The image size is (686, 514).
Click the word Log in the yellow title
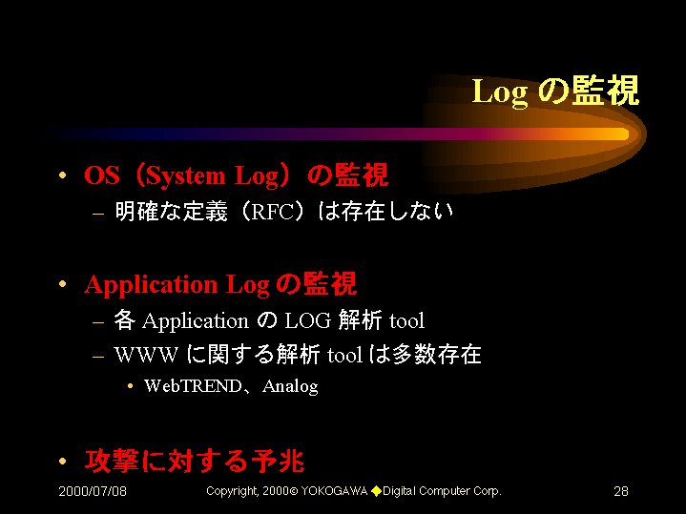[500, 93]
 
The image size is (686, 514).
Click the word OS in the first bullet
[101, 175]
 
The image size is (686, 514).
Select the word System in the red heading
[185, 176]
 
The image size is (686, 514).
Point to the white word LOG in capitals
[307, 320]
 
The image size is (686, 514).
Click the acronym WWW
[146, 355]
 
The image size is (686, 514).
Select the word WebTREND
[193, 386]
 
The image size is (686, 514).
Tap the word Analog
[290, 387]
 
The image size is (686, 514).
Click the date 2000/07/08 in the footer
[93, 491]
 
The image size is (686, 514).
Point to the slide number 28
[621, 491]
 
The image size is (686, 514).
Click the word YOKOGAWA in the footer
[334, 491]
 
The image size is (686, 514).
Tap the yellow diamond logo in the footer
[376, 491]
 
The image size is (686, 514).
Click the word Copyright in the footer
[232, 492]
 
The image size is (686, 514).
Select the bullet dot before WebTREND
[130, 386]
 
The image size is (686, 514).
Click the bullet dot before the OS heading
[63, 175]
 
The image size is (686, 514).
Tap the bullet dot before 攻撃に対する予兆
[63, 461]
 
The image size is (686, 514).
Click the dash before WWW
[98, 357]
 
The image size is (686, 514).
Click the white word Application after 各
[196, 321]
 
